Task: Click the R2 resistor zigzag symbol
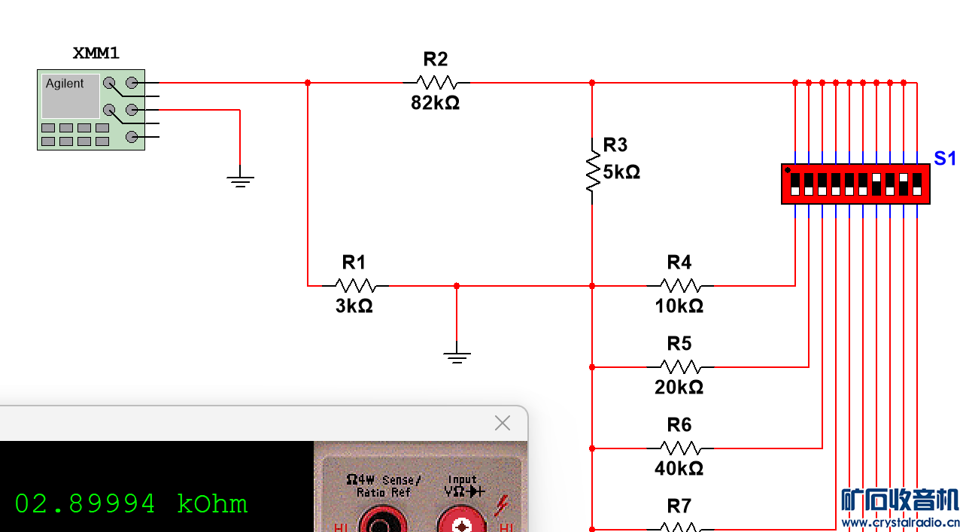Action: point(436,82)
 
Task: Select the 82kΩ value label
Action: point(435,103)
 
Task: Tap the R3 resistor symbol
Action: point(593,172)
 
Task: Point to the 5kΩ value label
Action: point(621,172)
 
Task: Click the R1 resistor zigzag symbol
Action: point(354,285)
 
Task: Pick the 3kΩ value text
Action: point(354,306)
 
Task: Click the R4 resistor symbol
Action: point(679,285)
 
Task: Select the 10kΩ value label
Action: point(679,306)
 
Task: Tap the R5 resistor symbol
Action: point(679,366)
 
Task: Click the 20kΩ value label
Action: point(679,388)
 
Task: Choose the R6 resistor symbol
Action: point(679,448)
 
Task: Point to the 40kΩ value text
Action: point(679,469)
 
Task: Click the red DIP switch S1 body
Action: point(855,184)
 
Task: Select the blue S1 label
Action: point(945,159)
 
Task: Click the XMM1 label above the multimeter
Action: point(96,53)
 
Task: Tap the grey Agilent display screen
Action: point(70,96)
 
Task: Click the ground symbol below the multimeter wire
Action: point(240,180)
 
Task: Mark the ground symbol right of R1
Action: point(457,355)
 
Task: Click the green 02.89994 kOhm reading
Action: point(131,503)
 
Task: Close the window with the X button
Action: point(503,423)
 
